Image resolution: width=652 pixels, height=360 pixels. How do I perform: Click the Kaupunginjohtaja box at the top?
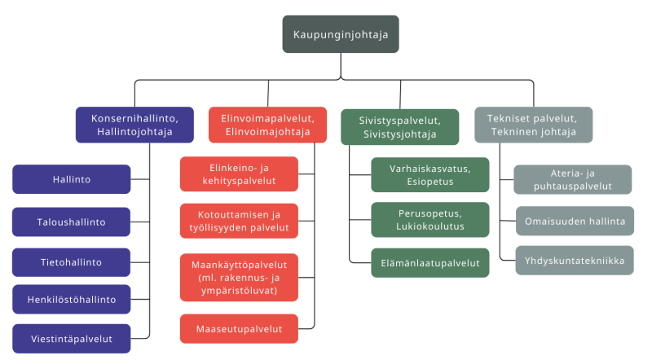click(341, 34)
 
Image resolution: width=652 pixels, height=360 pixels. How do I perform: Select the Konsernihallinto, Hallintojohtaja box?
click(134, 125)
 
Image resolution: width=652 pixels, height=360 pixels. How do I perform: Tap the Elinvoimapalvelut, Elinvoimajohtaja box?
click(267, 125)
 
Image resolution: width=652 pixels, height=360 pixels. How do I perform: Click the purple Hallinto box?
click(72, 179)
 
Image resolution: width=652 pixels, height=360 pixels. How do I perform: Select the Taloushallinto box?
click(72, 221)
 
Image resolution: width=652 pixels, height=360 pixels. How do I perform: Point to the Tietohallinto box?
click(72, 262)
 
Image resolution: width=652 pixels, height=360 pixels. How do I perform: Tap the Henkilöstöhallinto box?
click(72, 299)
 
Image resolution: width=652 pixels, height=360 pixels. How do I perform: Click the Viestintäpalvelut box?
click(72, 338)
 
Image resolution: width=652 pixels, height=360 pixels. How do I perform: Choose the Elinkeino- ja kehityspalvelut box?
click(239, 174)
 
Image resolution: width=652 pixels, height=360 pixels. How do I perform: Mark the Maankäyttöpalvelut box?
click(239, 277)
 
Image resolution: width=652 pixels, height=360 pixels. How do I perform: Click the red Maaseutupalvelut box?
click(239, 329)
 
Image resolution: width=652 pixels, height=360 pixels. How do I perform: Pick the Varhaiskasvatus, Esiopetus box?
click(430, 174)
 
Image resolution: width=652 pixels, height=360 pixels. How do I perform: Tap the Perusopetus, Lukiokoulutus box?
click(430, 220)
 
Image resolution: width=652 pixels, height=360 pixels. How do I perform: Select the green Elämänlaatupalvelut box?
click(430, 262)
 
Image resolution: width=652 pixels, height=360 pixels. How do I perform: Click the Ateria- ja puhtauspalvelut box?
click(572, 179)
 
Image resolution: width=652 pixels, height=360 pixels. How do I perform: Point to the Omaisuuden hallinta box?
click(575, 221)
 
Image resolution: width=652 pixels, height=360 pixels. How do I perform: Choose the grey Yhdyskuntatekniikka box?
click(575, 261)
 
